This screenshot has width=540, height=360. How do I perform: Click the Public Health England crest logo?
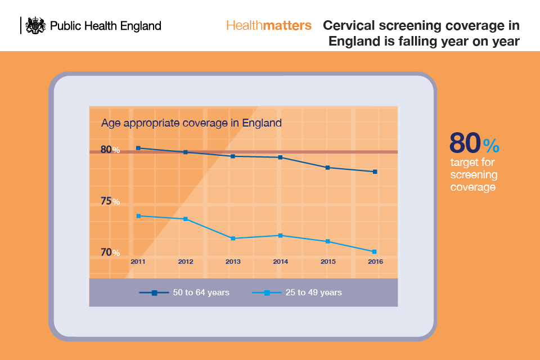[36, 25]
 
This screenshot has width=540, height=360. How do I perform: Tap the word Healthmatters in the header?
[268, 26]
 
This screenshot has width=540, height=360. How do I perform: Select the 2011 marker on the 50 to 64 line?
[138, 148]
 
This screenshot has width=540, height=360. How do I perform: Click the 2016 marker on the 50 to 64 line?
[375, 172]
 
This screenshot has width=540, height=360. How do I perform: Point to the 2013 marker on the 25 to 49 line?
[233, 238]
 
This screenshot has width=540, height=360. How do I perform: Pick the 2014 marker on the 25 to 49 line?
[280, 235]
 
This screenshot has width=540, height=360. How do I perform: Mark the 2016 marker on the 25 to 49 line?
[375, 251]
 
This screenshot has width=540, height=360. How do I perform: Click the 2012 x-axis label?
[186, 262]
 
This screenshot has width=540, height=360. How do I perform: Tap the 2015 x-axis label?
[328, 262]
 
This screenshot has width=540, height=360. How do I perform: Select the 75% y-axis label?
[110, 201]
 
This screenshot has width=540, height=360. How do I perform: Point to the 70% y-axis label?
[110, 253]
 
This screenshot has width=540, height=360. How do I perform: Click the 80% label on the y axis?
[110, 150]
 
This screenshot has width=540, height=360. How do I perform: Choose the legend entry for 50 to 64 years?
[184, 292]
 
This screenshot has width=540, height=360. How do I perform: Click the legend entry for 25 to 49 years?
[296, 292]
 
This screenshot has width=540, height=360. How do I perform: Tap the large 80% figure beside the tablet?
[474, 144]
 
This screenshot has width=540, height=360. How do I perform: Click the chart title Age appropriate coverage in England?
[191, 123]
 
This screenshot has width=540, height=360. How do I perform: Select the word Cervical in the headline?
[350, 26]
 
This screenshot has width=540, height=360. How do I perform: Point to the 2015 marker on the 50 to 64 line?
[328, 168]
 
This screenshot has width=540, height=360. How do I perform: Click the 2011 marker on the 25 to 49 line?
[138, 216]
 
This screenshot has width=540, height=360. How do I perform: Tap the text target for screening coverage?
[473, 174]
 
